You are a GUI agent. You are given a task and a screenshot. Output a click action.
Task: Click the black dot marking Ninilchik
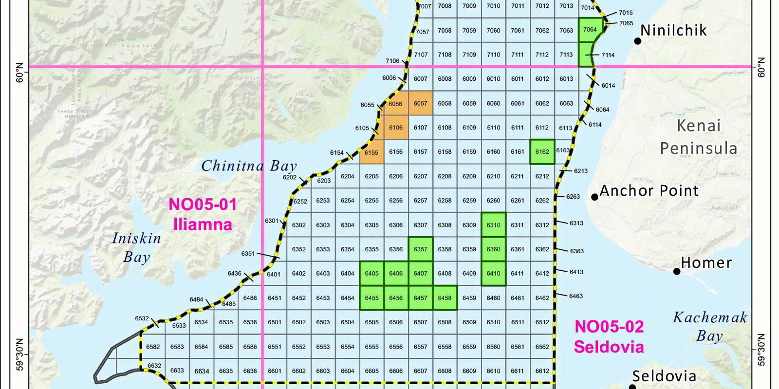click(x=637, y=41)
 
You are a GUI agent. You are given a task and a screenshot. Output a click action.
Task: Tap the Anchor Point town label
click(x=649, y=190)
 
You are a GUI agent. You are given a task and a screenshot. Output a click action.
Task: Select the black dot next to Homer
click(x=677, y=271)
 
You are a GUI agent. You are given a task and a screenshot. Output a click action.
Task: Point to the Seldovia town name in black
click(x=664, y=376)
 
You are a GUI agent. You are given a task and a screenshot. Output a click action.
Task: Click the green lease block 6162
click(x=542, y=152)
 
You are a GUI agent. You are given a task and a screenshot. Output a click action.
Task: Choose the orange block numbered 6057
click(x=420, y=103)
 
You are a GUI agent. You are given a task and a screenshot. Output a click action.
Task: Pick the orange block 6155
click(x=371, y=152)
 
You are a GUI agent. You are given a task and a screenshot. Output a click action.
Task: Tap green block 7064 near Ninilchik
click(x=590, y=30)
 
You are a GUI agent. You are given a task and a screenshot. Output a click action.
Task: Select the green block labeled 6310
click(x=493, y=225)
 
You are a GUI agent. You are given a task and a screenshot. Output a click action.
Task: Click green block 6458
click(x=445, y=298)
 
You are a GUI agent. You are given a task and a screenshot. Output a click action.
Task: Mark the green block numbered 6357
click(x=420, y=249)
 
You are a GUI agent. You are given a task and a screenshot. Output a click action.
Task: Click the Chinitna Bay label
click(x=249, y=166)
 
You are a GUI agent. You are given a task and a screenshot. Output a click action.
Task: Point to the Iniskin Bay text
click(x=136, y=247)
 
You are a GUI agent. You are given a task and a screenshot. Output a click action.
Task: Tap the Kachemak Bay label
click(x=709, y=327)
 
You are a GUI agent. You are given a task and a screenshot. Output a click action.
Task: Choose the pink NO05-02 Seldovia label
click(x=609, y=336)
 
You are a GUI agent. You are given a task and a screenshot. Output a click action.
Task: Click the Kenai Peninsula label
click(x=699, y=137)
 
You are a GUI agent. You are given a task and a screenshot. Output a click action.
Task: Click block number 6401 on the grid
click(x=274, y=274)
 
